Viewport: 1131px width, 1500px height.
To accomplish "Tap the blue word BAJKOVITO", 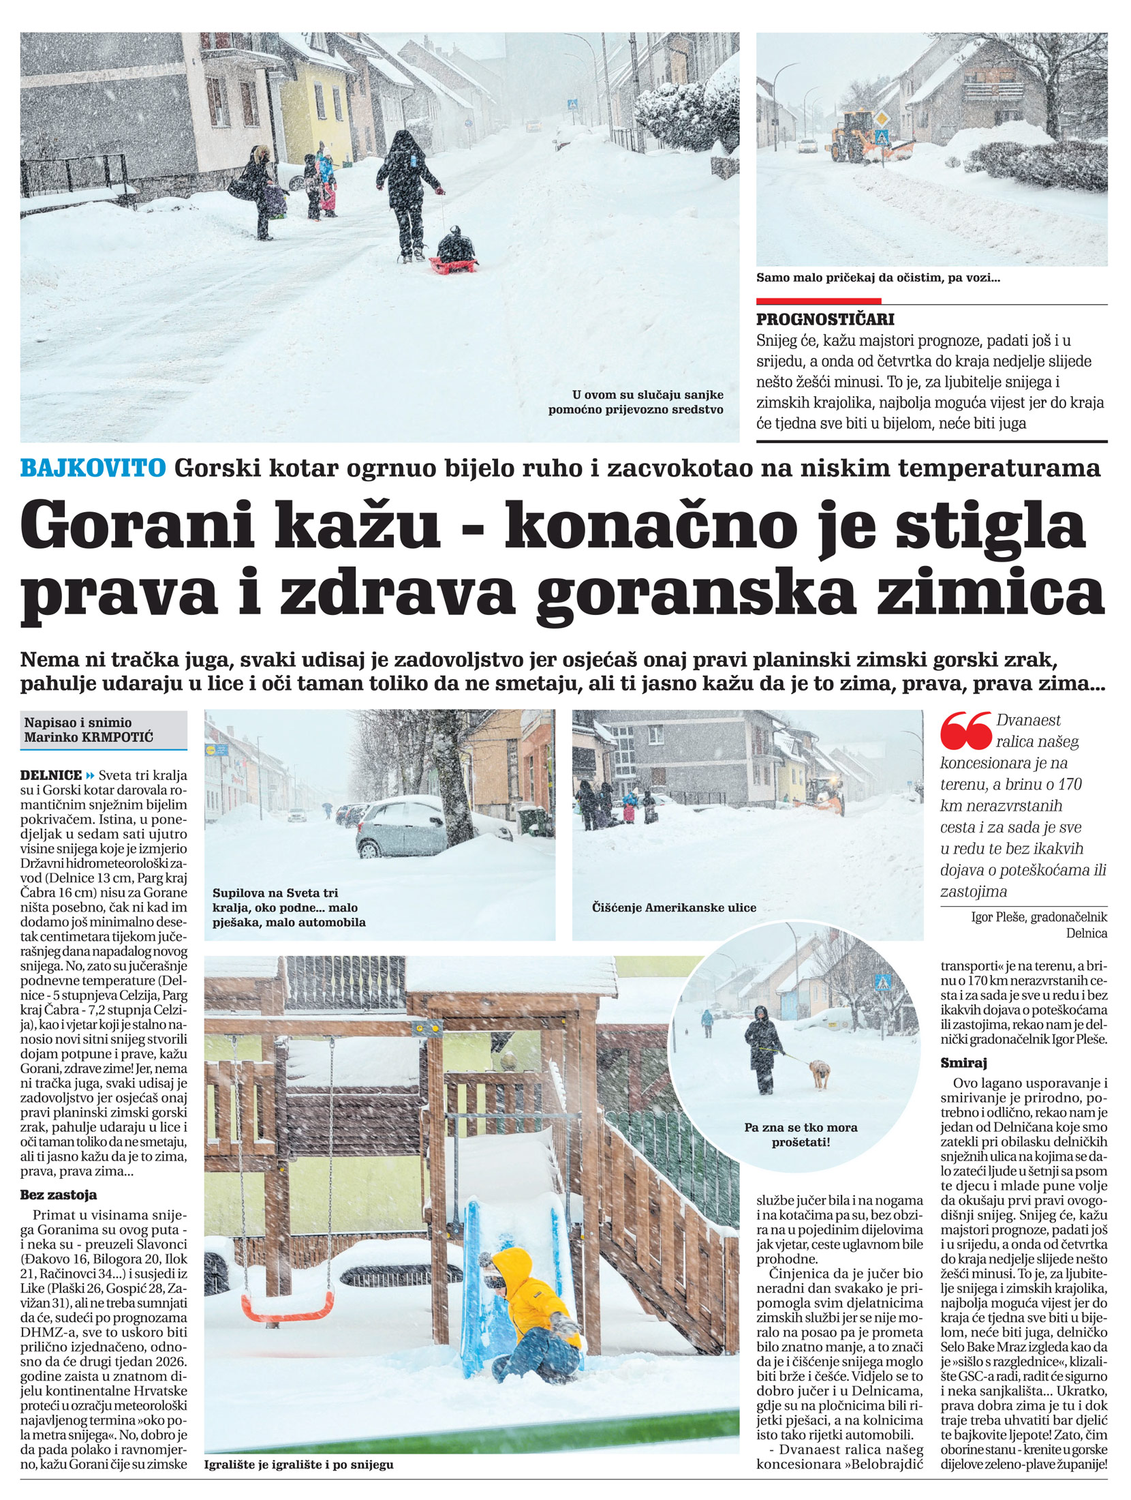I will tap(93, 468).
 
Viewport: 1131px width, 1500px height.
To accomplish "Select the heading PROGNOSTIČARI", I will tap(825, 319).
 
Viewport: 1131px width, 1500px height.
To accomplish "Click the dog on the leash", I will tap(820, 1074).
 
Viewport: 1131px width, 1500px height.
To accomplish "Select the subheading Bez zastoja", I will tap(59, 1195).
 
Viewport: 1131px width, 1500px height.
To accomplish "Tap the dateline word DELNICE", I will tap(51, 775).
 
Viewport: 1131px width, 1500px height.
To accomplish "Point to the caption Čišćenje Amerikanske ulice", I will tap(674, 907).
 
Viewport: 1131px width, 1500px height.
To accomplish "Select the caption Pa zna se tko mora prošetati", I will tap(801, 1135).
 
